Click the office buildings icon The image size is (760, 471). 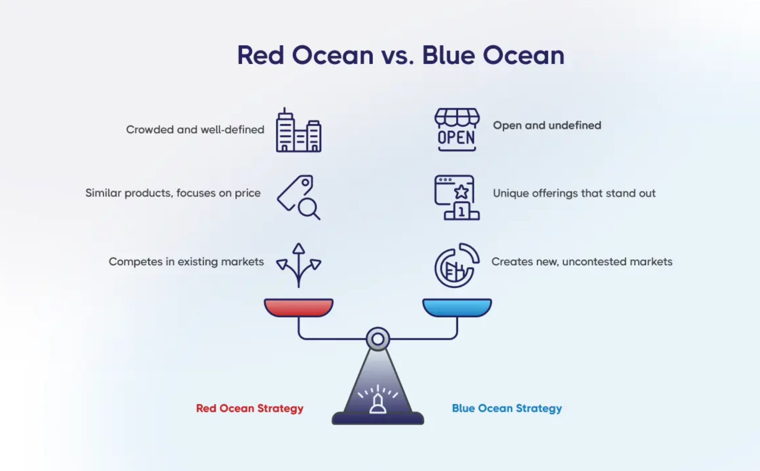299,130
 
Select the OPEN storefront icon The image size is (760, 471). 457,130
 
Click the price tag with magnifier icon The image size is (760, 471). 299,197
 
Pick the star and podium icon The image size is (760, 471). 457,197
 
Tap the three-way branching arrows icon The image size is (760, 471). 299,265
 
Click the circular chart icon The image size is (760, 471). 457,265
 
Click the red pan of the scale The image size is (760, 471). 299,307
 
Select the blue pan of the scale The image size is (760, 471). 457,307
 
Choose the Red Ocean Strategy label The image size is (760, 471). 250,408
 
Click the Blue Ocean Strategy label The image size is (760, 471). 507,408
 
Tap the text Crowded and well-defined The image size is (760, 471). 195,130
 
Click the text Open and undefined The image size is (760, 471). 547,126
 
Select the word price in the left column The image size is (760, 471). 248,193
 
